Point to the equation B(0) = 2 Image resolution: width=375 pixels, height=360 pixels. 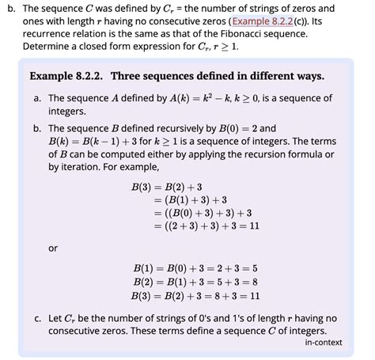[x=229, y=127]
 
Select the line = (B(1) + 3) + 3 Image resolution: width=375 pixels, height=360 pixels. [x=193, y=200]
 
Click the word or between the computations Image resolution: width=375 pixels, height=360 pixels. [x=53, y=248]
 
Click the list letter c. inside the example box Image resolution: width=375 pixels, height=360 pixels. [x=37, y=318]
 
